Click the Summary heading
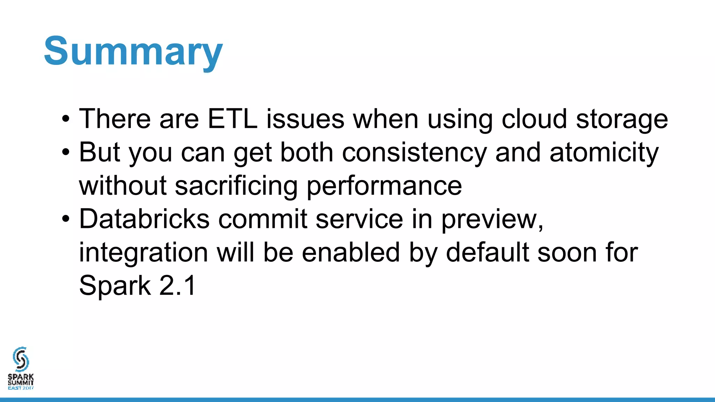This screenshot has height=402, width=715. [x=133, y=52]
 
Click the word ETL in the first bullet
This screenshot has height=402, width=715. [x=232, y=119]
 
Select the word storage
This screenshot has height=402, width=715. [x=622, y=120]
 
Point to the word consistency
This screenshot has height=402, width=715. [x=414, y=153]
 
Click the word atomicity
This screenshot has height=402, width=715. [x=604, y=153]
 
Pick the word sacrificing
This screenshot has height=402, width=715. [x=236, y=186]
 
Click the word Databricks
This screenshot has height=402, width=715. [x=144, y=219]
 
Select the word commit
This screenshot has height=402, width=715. [x=263, y=219]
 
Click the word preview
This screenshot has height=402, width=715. [x=492, y=220]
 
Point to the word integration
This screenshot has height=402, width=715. [x=143, y=253]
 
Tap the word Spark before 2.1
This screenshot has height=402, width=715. [x=115, y=286]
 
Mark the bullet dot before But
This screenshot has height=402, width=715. [x=66, y=153]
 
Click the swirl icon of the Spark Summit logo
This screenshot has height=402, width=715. [x=21, y=359]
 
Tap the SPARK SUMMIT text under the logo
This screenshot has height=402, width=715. [x=21, y=380]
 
